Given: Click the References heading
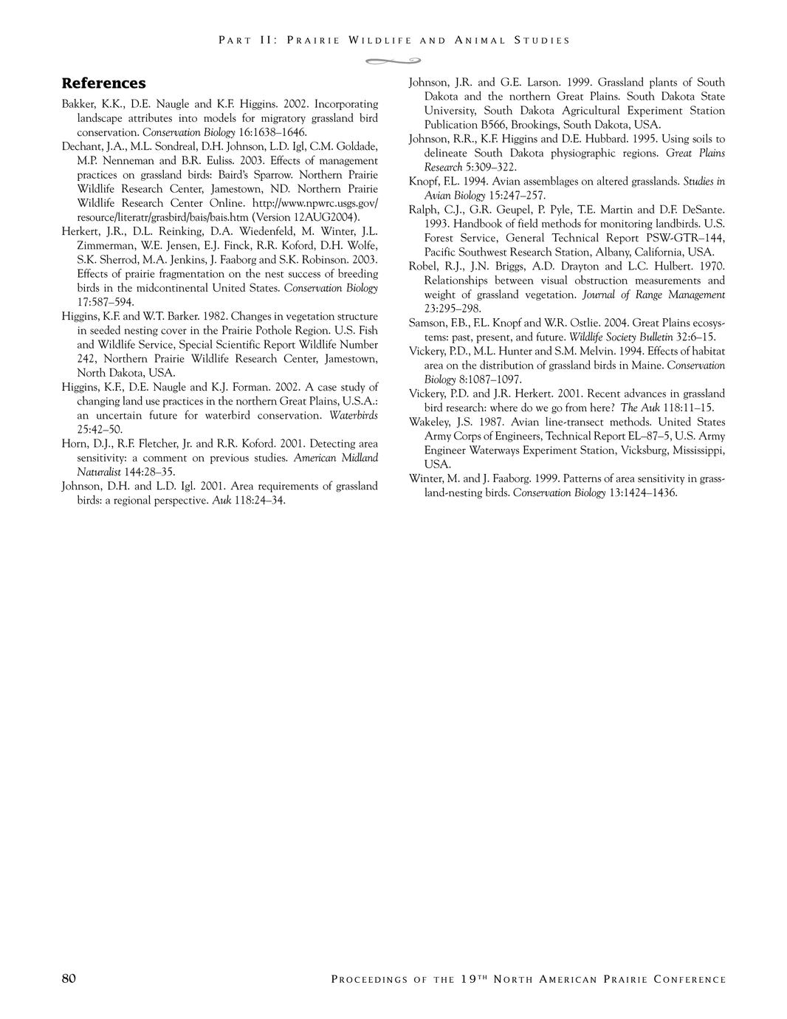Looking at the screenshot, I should point(103,83).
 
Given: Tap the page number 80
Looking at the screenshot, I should point(69,979).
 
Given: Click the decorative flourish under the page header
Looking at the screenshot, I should point(393,60).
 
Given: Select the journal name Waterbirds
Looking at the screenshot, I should point(353,416).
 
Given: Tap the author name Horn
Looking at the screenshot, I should point(74,444).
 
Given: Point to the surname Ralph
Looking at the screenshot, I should point(424,210).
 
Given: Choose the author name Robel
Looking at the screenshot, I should point(424,267).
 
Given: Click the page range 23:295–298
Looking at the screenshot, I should point(453,309).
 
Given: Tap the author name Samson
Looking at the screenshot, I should point(428,323).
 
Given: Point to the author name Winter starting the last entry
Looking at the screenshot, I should point(425,478).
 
